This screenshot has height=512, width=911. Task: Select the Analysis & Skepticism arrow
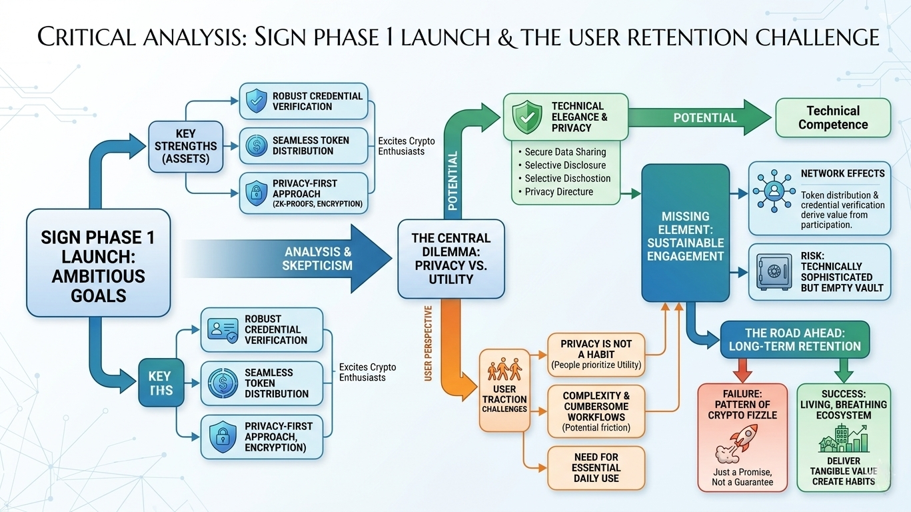click(300, 258)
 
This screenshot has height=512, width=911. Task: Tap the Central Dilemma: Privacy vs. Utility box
click(451, 258)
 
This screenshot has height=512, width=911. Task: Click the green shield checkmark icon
click(527, 117)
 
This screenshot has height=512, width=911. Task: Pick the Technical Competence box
click(832, 117)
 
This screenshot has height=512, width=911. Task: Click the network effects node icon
click(773, 190)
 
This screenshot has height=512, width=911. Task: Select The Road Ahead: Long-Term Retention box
click(794, 339)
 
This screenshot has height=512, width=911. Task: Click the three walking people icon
click(504, 370)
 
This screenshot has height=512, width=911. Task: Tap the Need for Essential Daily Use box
click(596, 467)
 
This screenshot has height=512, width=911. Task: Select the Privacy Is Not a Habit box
click(596, 353)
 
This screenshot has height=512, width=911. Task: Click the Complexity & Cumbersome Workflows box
click(596, 411)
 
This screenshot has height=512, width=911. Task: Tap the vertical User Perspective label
click(429, 343)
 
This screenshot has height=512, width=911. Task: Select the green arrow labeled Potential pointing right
click(700, 117)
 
